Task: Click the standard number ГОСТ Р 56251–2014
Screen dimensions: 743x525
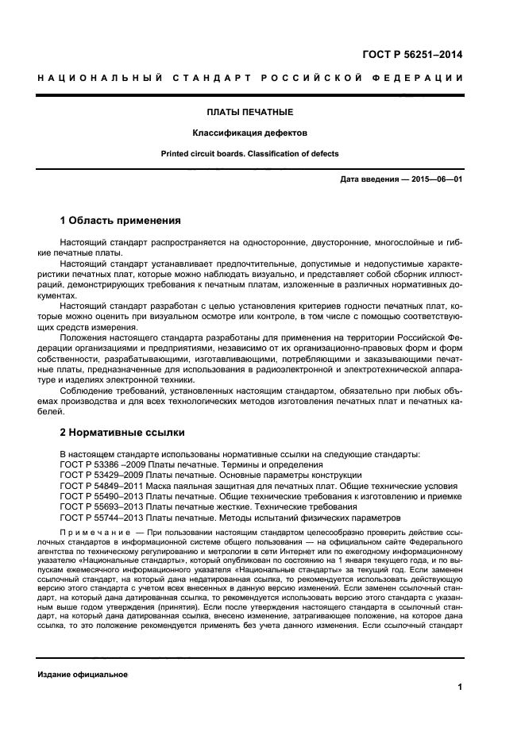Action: coord(414,55)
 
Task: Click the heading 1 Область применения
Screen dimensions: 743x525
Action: coord(121,220)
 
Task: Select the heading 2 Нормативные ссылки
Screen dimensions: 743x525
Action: coord(122,433)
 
